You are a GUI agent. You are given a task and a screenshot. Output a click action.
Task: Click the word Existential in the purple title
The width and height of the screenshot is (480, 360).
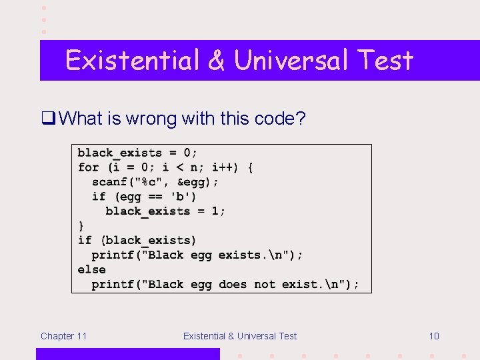click(133, 61)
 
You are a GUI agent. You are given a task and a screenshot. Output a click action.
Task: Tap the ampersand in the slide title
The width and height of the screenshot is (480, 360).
click(217, 61)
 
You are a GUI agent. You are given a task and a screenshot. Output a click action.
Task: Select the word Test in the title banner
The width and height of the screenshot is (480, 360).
click(385, 61)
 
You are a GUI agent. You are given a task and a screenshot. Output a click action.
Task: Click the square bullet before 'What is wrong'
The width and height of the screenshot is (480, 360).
click(47, 119)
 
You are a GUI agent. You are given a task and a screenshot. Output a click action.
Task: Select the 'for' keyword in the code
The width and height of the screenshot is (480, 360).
click(88, 167)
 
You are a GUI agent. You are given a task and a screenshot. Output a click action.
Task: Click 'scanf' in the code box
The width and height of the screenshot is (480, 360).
click(109, 182)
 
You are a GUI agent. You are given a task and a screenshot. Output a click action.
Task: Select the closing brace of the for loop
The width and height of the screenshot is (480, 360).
click(81, 226)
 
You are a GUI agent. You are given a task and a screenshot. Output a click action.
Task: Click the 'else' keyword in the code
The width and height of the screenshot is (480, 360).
click(91, 270)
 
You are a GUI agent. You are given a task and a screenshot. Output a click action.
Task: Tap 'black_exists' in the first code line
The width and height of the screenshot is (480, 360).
click(119, 153)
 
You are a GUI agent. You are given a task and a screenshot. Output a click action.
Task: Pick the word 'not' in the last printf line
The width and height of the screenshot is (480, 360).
click(264, 285)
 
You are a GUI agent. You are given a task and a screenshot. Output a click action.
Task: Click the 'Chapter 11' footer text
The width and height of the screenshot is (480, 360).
click(63, 336)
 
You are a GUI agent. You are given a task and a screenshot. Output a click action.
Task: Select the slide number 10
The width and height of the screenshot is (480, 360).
click(433, 336)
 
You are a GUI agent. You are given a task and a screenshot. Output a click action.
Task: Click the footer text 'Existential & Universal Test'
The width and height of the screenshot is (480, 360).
click(240, 336)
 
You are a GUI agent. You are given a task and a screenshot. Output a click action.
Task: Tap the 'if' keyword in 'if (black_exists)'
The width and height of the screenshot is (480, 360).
click(85, 241)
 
